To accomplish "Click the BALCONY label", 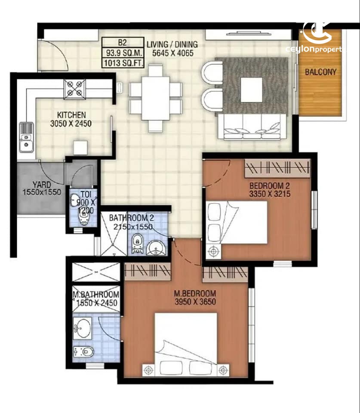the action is (x=320, y=72).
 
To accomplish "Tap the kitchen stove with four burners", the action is (x=75, y=89).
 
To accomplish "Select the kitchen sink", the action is (x=26, y=137).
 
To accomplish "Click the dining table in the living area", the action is (x=155, y=98).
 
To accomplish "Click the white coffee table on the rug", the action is (x=252, y=90).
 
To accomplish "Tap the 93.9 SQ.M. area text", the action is (x=123, y=53).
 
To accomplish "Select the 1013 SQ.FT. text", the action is (x=123, y=63).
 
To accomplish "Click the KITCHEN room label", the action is (x=71, y=115).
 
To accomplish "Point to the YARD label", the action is (x=42, y=185).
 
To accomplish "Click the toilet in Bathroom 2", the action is (x=137, y=243).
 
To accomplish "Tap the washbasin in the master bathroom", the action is (x=82, y=328).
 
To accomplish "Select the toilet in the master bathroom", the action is (x=84, y=351).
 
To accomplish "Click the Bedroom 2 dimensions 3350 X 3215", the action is (x=270, y=194).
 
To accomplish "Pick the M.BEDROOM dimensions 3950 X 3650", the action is (x=195, y=302).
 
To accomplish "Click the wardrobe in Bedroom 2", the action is (x=277, y=168).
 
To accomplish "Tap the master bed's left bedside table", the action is (x=149, y=370).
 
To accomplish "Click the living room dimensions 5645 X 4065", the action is (x=172, y=53).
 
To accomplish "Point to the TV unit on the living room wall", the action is (x=248, y=35).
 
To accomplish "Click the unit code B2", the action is (x=122, y=43).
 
